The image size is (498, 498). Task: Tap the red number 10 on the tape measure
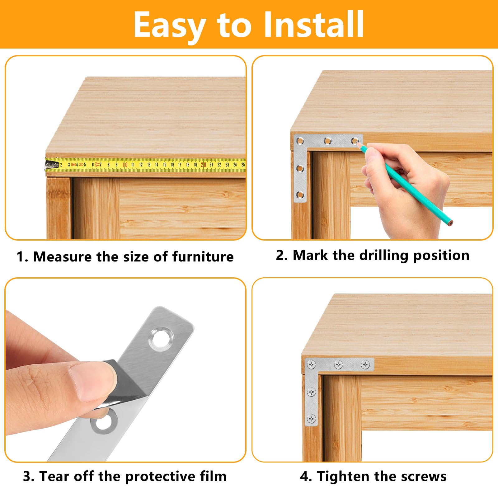125,165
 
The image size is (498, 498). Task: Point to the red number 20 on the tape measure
203,165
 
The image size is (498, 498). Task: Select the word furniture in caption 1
203,257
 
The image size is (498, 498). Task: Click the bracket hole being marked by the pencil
354,141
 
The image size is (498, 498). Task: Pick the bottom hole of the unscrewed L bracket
300,195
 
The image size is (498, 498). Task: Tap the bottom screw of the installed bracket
311,419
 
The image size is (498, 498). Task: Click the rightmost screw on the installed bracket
365,364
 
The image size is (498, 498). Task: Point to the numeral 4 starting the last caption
304,477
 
